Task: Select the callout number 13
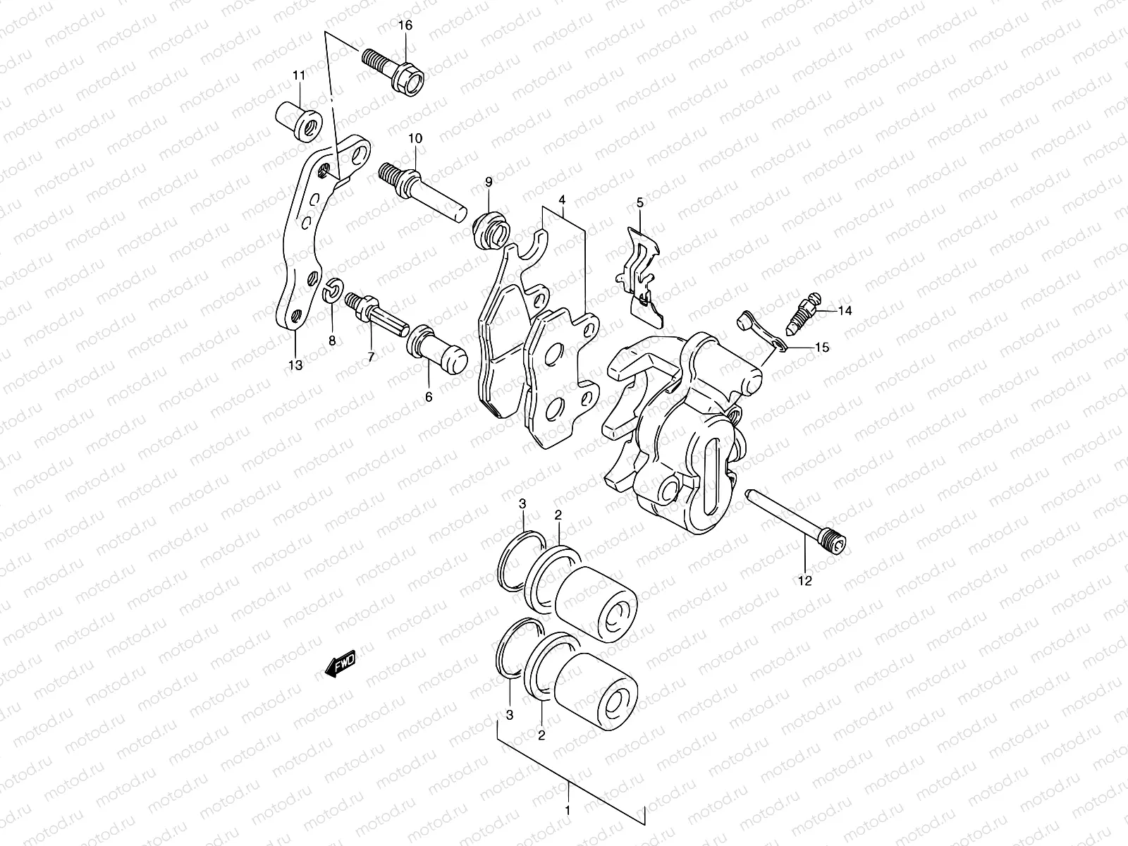295,364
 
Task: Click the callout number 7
371,357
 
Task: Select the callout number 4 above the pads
562,200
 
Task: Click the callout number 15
822,348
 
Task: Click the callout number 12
805,582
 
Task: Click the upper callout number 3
522,503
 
